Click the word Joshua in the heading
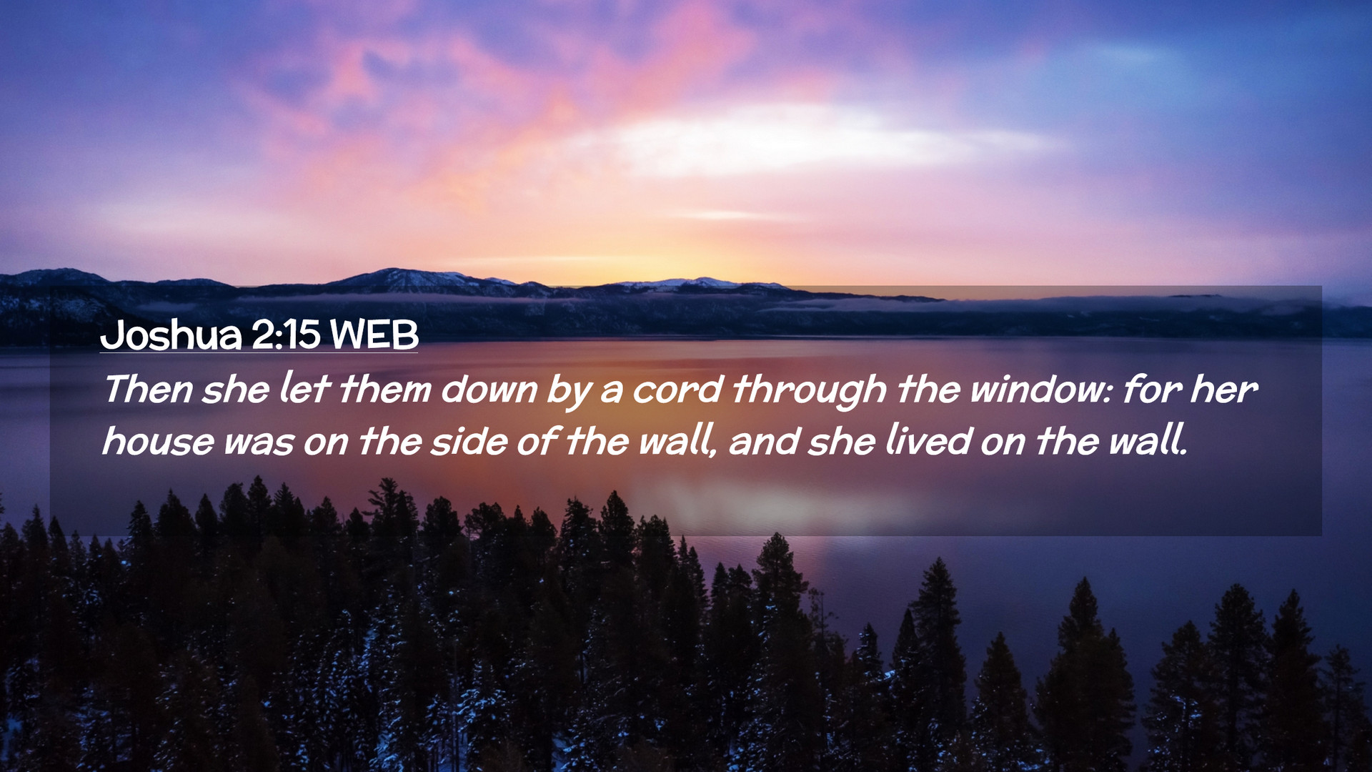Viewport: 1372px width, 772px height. point(171,335)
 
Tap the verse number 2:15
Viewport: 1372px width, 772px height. point(286,335)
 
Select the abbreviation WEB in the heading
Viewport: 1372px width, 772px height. point(374,335)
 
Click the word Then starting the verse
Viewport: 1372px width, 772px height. point(148,390)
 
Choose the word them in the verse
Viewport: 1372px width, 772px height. point(385,390)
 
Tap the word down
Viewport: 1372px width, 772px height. point(489,390)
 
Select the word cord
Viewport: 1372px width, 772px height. point(677,390)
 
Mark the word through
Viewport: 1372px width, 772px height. point(809,392)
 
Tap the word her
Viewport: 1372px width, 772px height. point(1223,390)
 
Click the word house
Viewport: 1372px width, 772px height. point(158,441)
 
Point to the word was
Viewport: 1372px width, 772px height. point(259,443)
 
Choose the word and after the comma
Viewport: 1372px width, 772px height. point(764,441)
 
